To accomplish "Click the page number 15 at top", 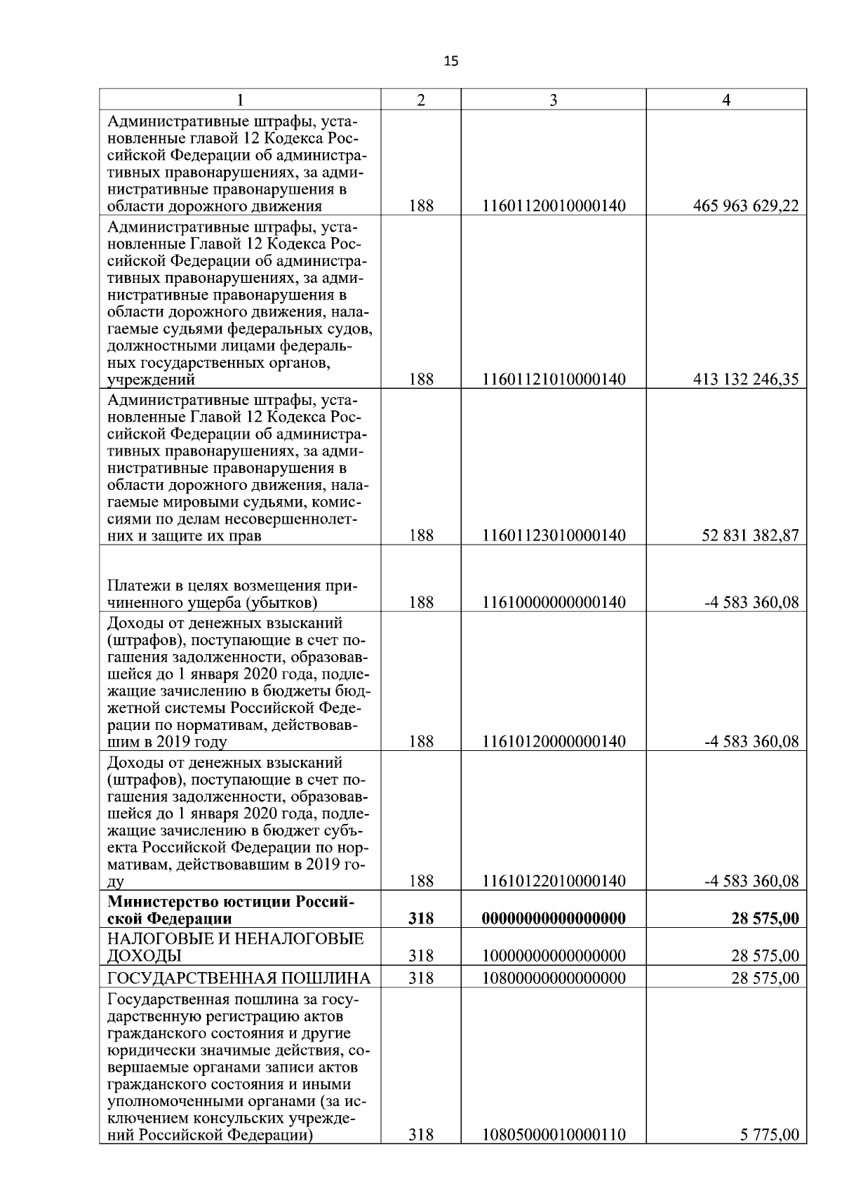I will [x=450, y=61].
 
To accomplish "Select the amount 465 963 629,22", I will [x=745, y=206].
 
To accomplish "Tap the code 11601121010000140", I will [x=554, y=380].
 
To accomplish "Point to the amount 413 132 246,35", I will [x=745, y=380].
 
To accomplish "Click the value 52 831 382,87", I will [x=750, y=536].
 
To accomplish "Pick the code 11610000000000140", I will [x=554, y=602].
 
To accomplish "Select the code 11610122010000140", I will [x=554, y=881].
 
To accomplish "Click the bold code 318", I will [x=420, y=919].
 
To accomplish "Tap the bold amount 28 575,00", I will [x=764, y=919].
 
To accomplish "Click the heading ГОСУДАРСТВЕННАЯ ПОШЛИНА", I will [x=239, y=978].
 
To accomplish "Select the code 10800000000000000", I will [x=554, y=978].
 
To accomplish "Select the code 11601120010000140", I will [x=554, y=206].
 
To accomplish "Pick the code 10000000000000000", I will [x=554, y=956].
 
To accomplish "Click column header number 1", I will [x=241, y=100].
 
